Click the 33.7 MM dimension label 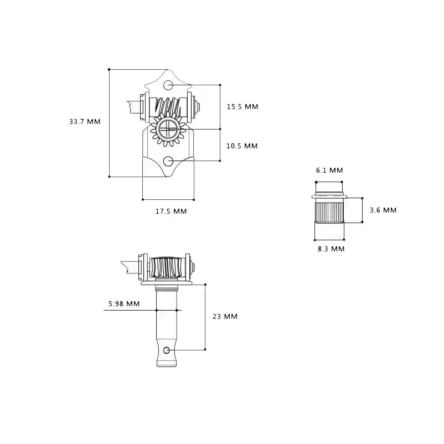click(85, 122)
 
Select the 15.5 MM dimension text click(242, 107)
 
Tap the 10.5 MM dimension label click(242, 146)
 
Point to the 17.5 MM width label click(171, 211)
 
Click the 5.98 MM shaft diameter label click(124, 304)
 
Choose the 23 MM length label click(225, 317)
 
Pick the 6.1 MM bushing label click(329, 171)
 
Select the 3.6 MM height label click(383, 210)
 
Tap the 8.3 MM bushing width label click(331, 249)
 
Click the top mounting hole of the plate click(168, 85)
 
